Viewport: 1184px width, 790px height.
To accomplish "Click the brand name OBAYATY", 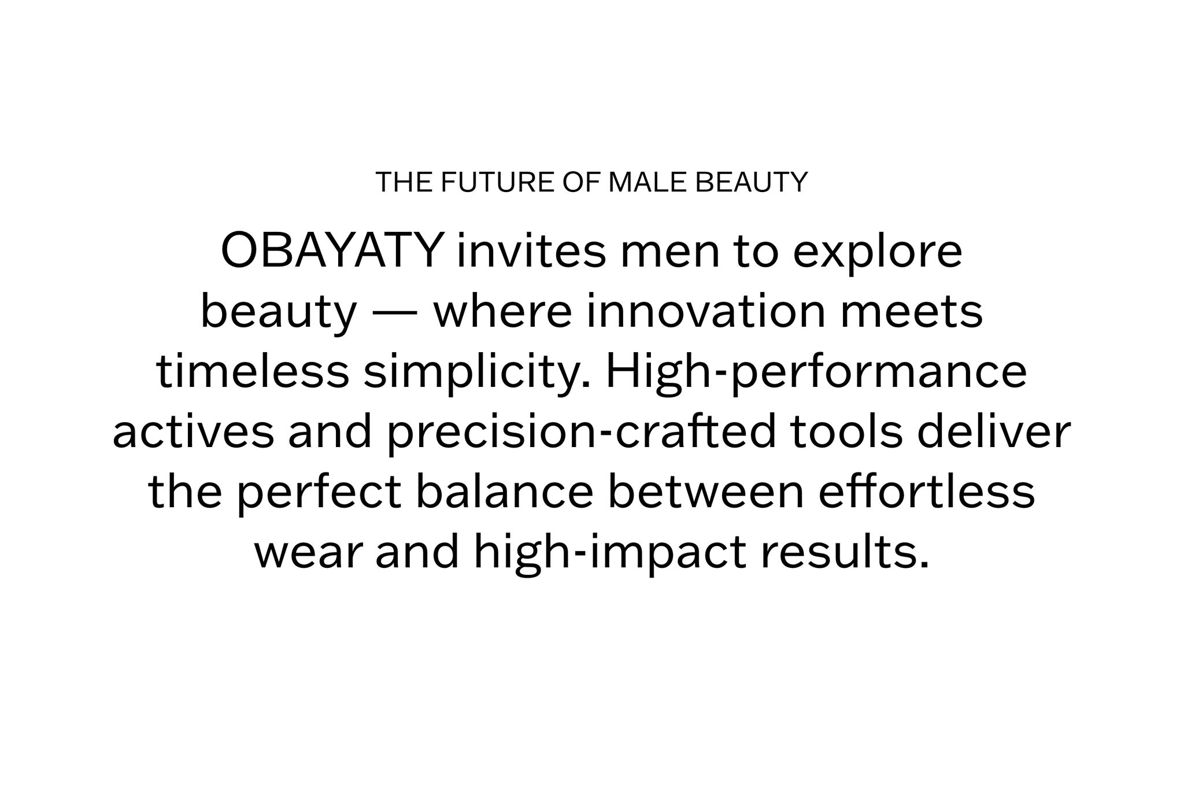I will pyautogui.click(x=332, y=252).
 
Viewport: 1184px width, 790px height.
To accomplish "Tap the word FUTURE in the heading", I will pyautogui.click(x=499, y=182).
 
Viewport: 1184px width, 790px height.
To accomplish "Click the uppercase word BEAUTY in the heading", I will pyautogui.click(x=751, y=182).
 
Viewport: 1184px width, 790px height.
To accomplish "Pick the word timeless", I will pyautogui.click(x=253, y=372).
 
